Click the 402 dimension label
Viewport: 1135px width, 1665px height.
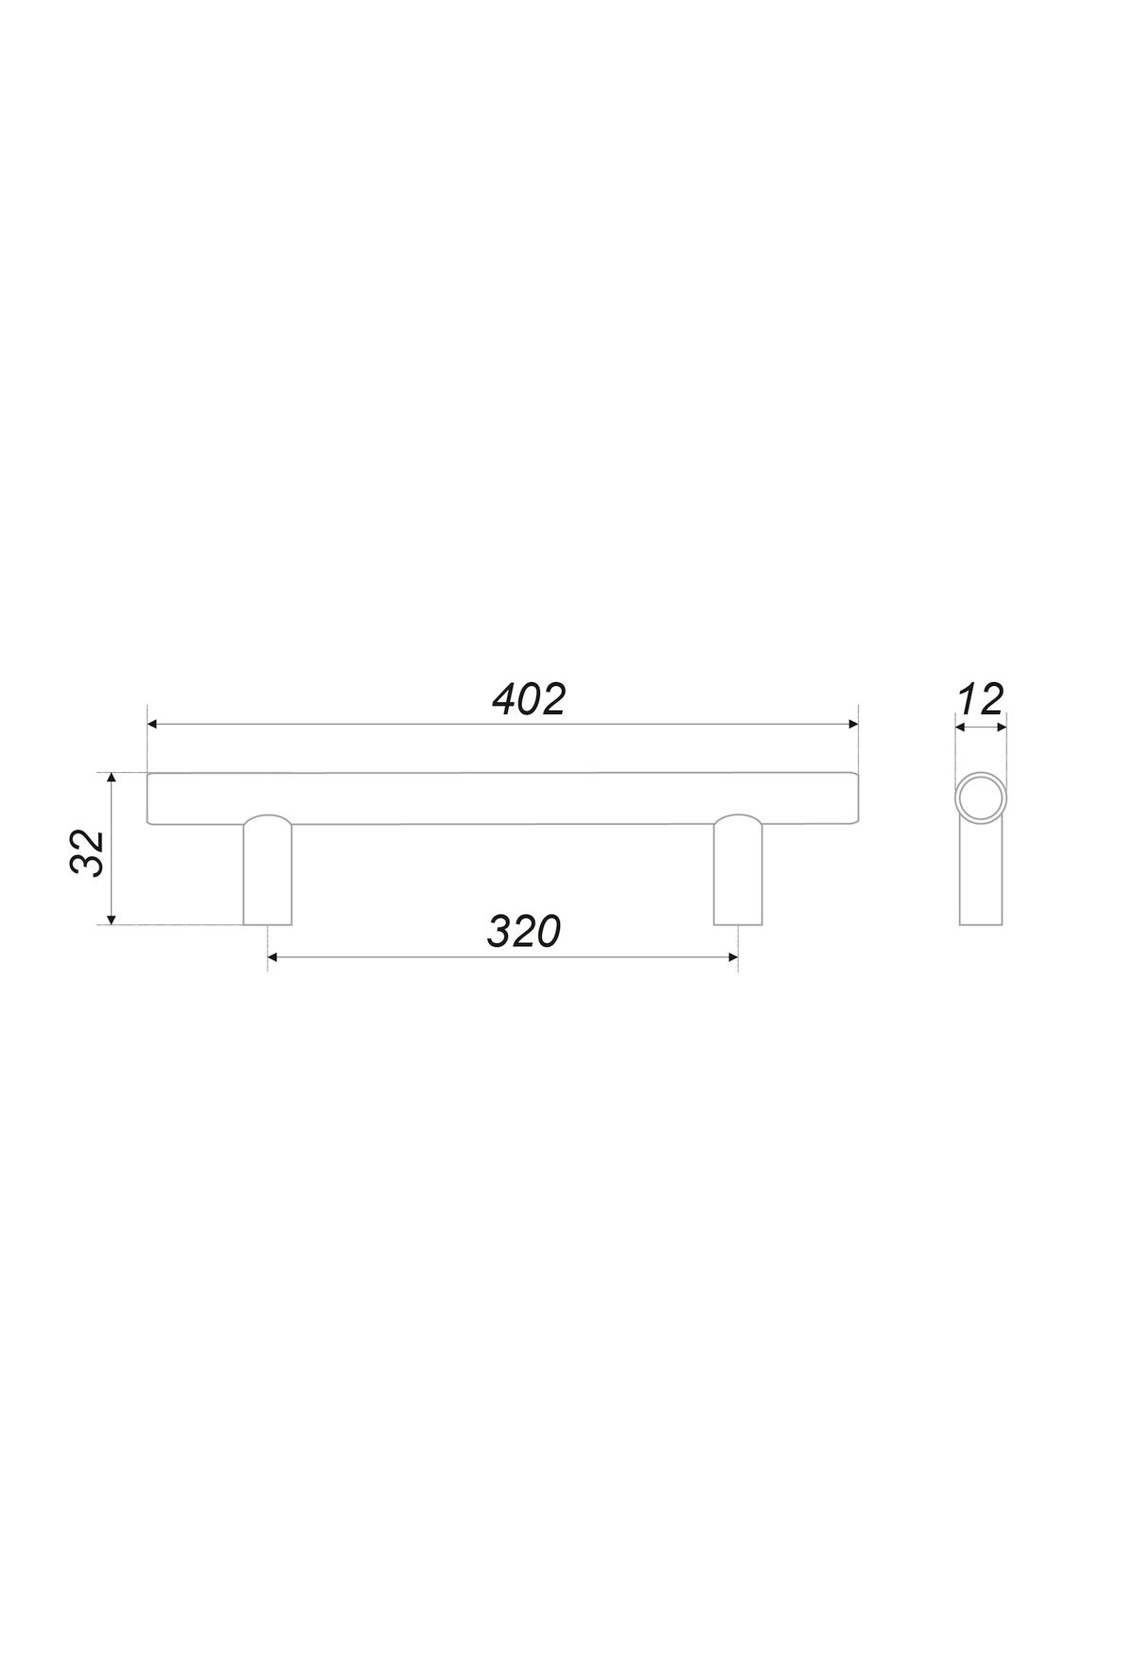point(529,700)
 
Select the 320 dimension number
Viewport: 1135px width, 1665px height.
point(524,932)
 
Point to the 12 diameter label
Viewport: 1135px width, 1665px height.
point(980,700)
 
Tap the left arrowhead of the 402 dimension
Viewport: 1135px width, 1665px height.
point(153,724)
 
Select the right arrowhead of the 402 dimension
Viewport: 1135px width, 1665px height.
point(852,724)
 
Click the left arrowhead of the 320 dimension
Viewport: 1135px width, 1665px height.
point(274,958)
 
